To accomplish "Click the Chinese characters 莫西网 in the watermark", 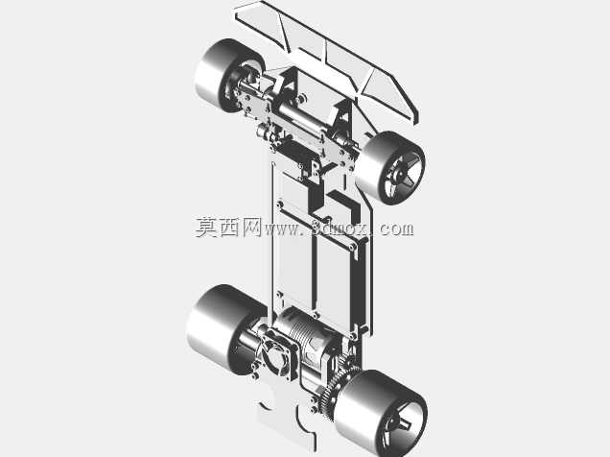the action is click(x=228, y=228).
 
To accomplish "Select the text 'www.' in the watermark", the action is click(x=284, y=229).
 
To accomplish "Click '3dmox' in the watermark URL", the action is click(x=340, y=228).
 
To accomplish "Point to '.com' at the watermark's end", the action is click(x=393, y=229).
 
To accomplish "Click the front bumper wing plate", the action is click(x=327, y=59).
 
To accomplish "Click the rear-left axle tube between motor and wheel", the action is click(x=249, y=340).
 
